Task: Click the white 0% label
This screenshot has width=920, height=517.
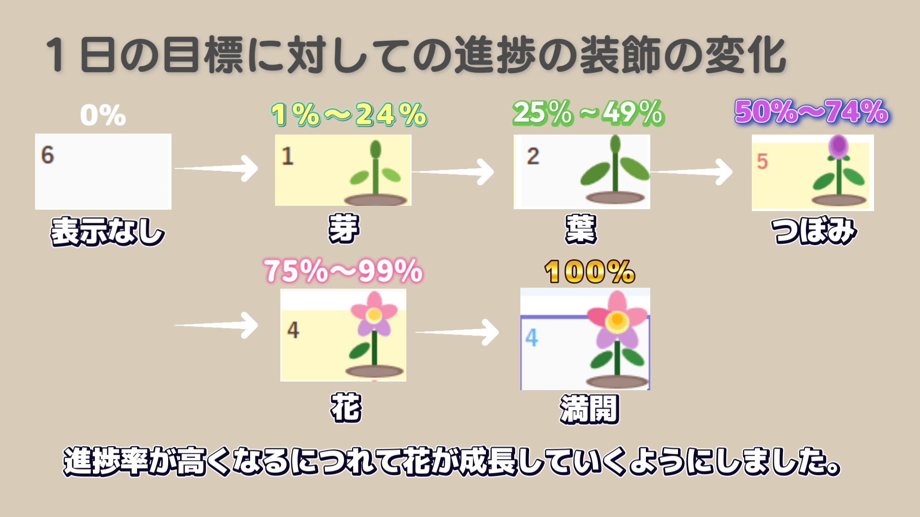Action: click(103, 115)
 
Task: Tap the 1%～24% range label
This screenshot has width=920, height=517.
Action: click(349, 115)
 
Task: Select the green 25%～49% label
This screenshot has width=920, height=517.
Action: click(588, 113)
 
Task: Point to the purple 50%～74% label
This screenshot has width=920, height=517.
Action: click(812, 112)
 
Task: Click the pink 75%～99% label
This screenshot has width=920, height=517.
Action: click(344, 271)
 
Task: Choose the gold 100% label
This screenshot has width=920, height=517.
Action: click(590, 272)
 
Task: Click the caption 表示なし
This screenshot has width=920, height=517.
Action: click(108, 232)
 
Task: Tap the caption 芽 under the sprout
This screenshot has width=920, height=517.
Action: click(344, 228)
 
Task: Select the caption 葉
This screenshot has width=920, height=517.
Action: click(581, 229)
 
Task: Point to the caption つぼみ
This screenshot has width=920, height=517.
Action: click(814, 231)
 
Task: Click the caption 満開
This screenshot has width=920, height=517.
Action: click(589, 409)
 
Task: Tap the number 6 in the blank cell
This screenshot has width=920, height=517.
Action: click(47, 155)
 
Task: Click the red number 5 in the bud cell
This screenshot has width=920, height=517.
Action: click(762, 161)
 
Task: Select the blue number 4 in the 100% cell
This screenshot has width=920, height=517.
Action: click(531, 338)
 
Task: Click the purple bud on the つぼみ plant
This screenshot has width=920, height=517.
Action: click(838, 146)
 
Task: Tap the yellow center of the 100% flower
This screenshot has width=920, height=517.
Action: click(617, 319)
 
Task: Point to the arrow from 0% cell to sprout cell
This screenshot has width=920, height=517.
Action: click(216, 168)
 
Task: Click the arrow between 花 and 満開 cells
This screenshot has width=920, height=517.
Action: click(457, 332)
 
